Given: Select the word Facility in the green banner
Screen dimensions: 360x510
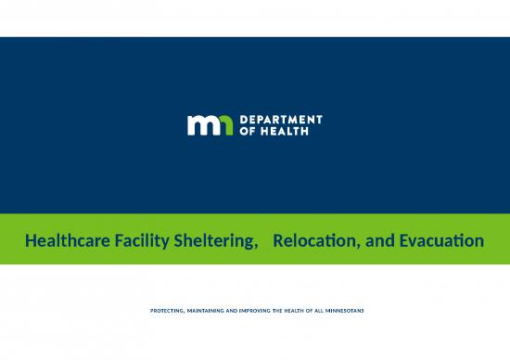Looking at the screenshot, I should click(135, 241).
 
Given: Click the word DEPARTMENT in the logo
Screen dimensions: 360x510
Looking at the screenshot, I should click(282, 120).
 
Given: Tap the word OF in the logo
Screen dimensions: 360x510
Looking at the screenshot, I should click(249, 131).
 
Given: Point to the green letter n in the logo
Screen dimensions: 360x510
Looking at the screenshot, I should click(225, 125).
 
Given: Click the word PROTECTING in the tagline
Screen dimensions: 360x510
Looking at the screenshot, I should click(171, 309).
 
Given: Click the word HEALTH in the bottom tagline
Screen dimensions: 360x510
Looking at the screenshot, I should click(300, 309).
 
